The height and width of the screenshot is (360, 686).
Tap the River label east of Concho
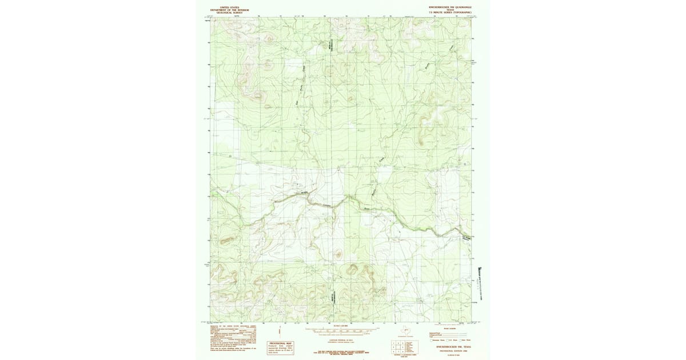[367, 209]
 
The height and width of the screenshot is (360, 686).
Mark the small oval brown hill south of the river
[338, 255]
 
